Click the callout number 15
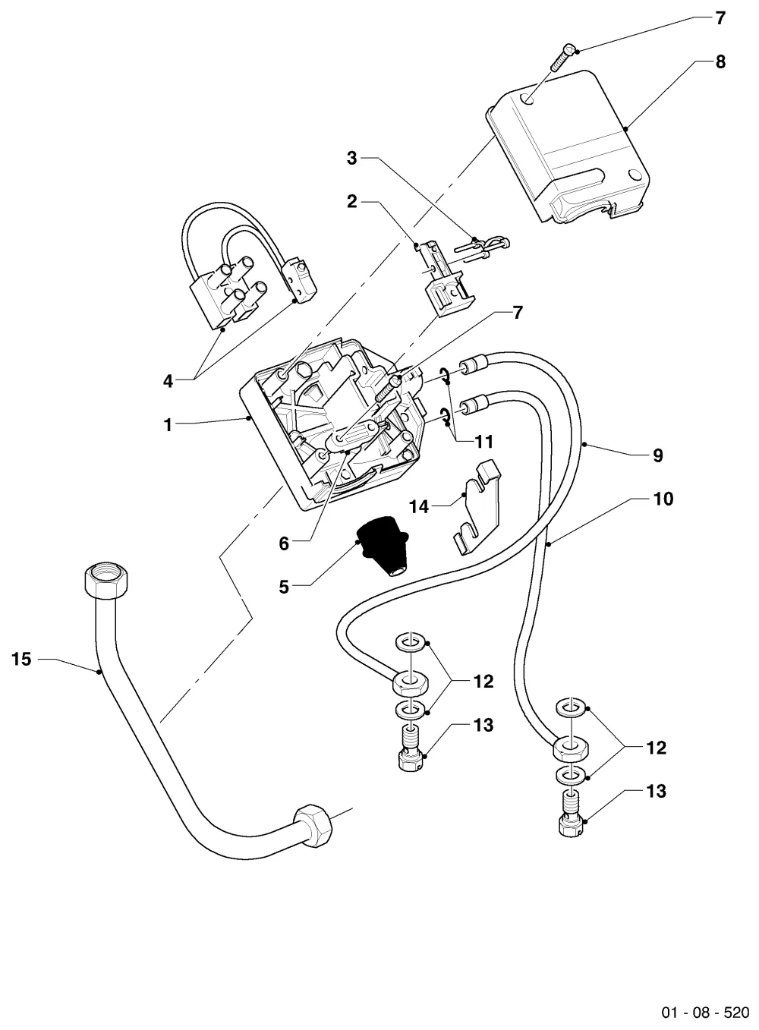pos(21,660)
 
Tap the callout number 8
pos(720,61)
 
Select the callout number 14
pos(419,507)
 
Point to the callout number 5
pos(284,587)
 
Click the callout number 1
pos(168,425)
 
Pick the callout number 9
pos(658,455)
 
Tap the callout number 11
pos(483,442)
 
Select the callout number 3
pos(351,158)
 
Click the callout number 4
pos(168,381)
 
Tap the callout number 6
pos(284,544)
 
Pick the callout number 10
pos(663,499)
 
